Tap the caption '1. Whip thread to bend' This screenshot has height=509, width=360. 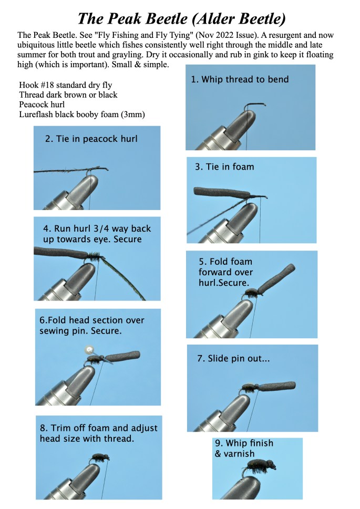tap(240, 79)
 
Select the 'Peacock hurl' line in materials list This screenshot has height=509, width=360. tap(42, 105)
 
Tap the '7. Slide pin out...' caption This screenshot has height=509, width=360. tap(233, 358)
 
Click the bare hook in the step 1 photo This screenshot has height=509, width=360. tap(254, 107)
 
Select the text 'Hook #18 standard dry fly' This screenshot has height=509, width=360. tap(66, 85)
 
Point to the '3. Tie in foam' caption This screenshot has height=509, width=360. tap(224, 167)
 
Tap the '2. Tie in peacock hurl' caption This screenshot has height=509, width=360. tap(91, 139)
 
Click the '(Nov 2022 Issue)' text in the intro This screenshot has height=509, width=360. tap(227, 35)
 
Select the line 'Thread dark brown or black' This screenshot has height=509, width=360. tap(68, 95)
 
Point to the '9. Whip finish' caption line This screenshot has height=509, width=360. tap(244, 443)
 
